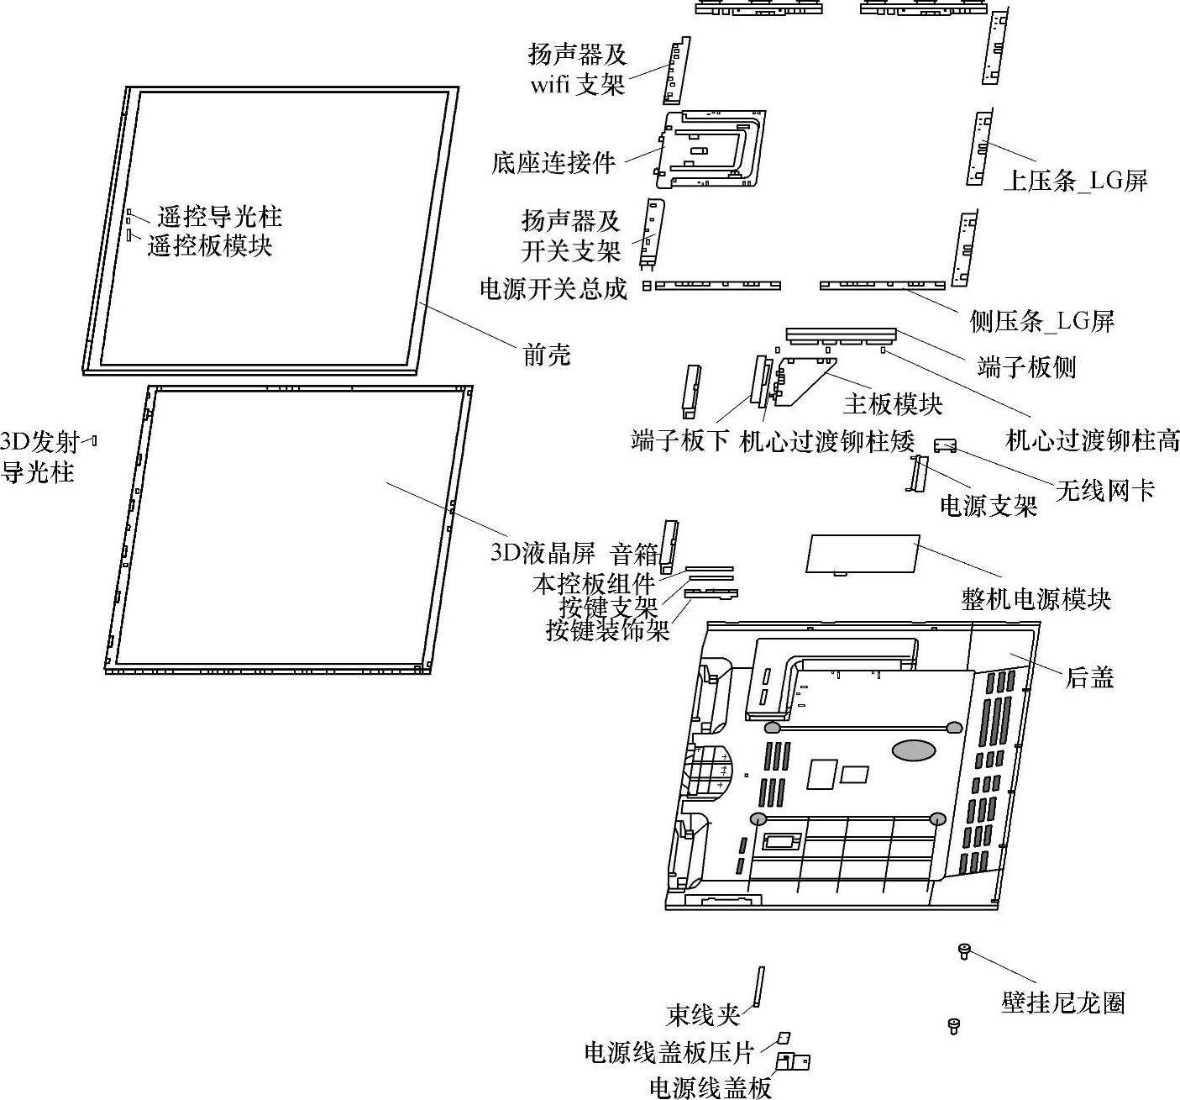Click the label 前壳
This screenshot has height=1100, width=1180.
click(x=547, y=355)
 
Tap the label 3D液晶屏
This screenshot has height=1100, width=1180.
click(x=543, y=553)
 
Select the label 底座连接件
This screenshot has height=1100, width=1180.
click(x=553, y=162)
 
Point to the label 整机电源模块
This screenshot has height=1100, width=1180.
click(x=1036, y=599)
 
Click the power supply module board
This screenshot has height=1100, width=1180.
click(x=862, y=553)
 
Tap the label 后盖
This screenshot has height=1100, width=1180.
click(x=1089, y=677)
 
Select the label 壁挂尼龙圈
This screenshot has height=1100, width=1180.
click(x=1062, y=1003)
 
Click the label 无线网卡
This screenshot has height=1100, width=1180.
click(x=1104, y=490)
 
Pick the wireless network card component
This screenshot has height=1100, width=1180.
click(x=946, y=445)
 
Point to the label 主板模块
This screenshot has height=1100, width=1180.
click(x=893, y=404)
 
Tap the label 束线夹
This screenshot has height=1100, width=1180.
click(x=703, y=1015)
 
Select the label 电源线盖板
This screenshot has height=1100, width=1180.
click(x=710, y=1087)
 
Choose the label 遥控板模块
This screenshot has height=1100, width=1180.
click(x=210, y=246)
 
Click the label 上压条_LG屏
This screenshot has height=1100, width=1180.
click(x=1075, y=181)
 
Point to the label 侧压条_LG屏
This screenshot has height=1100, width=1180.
click(x=1041, y=320)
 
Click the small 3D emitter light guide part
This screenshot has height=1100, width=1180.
click(x=94, y=439)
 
